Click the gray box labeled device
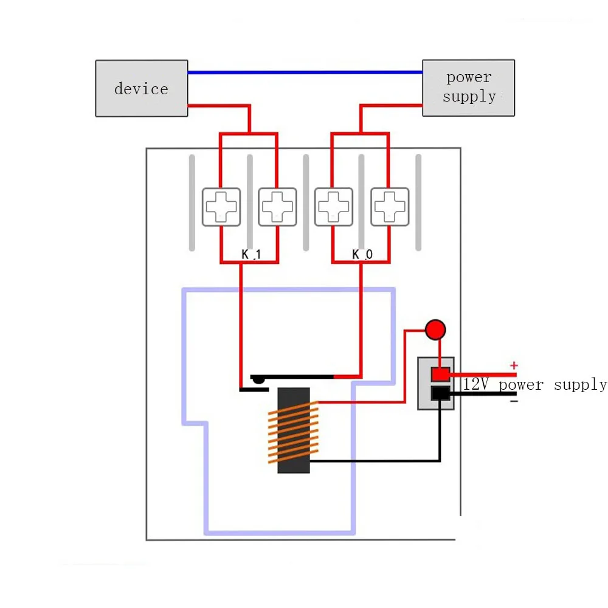tap(141, 88)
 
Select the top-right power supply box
tap(468, 88)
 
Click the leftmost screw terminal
tap(221, 207)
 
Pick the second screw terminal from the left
tap(277, 207)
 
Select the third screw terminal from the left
tap(333, 207)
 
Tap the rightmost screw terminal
tap(390, 207)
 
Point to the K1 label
tap(250, 255)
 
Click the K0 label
tap(362, 255)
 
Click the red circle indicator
tap(435, 330)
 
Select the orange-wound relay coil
tap(293, 430)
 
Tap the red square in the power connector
tap(440, 374)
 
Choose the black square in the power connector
tap(440, 393)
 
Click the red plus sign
tap(514, 365)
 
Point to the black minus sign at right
tap(514, 401)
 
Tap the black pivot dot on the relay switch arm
tap(258, 379)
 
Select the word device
tap(141, 89)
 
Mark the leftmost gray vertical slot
tap(192, 202)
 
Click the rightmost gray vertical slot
tap(418, 202)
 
